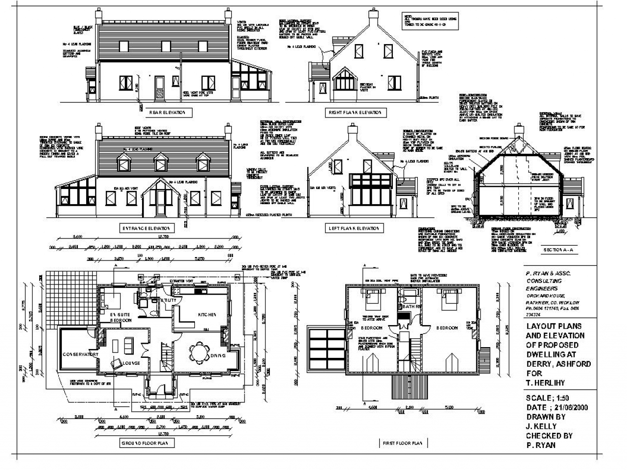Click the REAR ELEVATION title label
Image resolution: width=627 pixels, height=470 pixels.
[167, 113]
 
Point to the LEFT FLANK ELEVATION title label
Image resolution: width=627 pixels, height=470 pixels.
[354, 228]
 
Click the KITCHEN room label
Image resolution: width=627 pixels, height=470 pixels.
[207, 314]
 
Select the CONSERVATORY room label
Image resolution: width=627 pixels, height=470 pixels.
[81, 354]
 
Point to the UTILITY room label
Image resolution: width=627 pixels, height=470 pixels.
[169, 300]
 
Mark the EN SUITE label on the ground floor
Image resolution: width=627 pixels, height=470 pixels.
[119, 313]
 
